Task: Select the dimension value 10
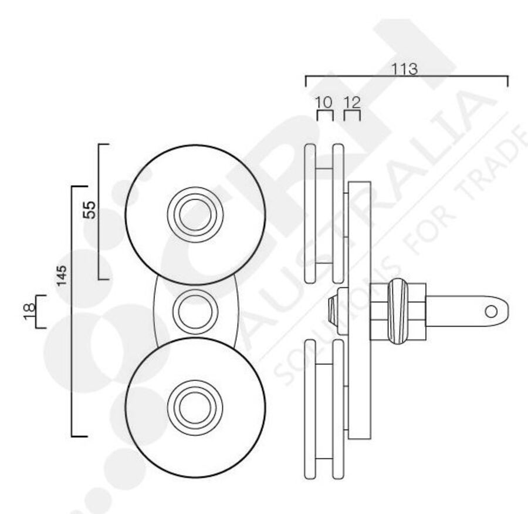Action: [x=324, y=103]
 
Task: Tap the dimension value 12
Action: [x=351, y=103]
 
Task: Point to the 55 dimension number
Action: [x=89, y=210]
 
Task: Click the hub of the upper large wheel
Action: [x=195, y=214]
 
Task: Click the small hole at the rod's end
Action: [x=492, y=310]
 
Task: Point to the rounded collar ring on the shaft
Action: [x=397, y=310]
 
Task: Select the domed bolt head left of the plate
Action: [x=333, y=311]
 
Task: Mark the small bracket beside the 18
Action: [x=39, y=311]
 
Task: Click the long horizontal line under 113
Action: [x=406, y=76]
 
